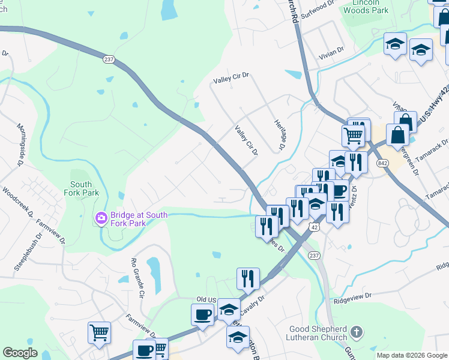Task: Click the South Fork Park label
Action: [x=81, y=189]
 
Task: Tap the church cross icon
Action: [x=356, y=332]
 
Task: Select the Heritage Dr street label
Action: [x=278, y=133]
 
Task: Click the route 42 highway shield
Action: [x=314, y=227]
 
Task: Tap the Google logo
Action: [x=20, y=353]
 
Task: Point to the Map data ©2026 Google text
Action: [x=411, y=355]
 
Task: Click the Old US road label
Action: [x=206, y=299]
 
